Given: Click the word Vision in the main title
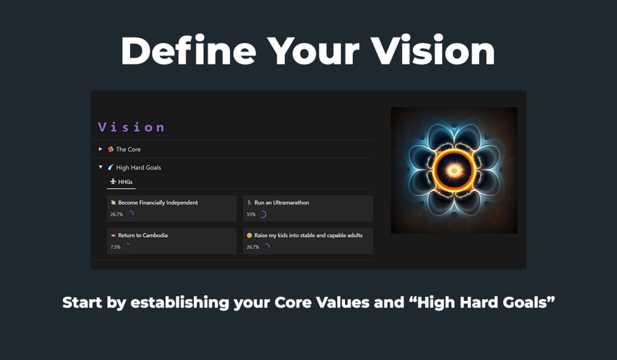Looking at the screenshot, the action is pyautogui.click(x=432, y=50).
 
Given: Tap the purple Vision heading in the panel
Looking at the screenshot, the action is pyautogui.click(x=131, y=127).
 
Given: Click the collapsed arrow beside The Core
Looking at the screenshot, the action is pyautogui.click(x=100, y=149).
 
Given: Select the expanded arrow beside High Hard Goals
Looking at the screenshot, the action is pyautogui.click(x=100, y=167).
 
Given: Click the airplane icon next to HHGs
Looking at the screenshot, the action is pyautogui.click(x=113, y=181).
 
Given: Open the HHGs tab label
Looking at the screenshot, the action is pyautogui.click(x=125, y=182).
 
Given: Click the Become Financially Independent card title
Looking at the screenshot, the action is pyautogui.click(x=158, y=203).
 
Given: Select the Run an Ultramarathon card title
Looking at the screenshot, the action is pyautogui.click(x=281, y=203).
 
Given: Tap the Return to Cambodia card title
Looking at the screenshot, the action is pyautogui.click(x=143, y=235).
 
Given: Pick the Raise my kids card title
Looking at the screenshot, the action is pyautogui.click(x=308, y=235).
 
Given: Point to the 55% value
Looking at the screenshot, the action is pyautogui.click(x=251, y=214).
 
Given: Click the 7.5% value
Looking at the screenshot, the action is pyautogui.click(x=115, y=247).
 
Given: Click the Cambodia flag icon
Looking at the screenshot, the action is pyautogui.click(x=114, y=235).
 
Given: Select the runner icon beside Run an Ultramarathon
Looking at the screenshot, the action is pyautogui.click(x=249, y=203).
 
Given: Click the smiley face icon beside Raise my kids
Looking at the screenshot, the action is pyautogui.click(x=249, y=235).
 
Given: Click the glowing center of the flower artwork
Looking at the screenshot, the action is pyautogui.click(x=454, y=170).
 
